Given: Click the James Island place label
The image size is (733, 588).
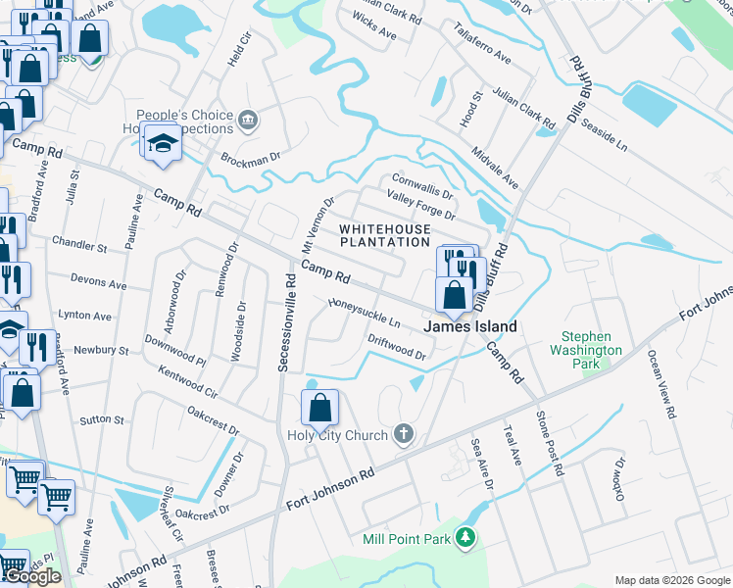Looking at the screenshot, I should click(x=469, y=326).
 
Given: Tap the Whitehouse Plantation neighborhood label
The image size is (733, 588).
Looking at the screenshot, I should click(x=384, y=235).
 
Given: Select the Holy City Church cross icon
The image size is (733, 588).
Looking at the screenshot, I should click(x=403, y=434).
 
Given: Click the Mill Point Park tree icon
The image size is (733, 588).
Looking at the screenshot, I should click(x=466, y=538).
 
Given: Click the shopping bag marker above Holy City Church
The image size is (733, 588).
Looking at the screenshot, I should click(x=319, y=407).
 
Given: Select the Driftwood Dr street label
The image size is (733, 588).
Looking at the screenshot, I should click(x=397, y=347).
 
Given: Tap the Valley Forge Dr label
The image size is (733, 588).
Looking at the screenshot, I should click(x=421, y=206).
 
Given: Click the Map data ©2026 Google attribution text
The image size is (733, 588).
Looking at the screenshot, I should click(x=671, y=580).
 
